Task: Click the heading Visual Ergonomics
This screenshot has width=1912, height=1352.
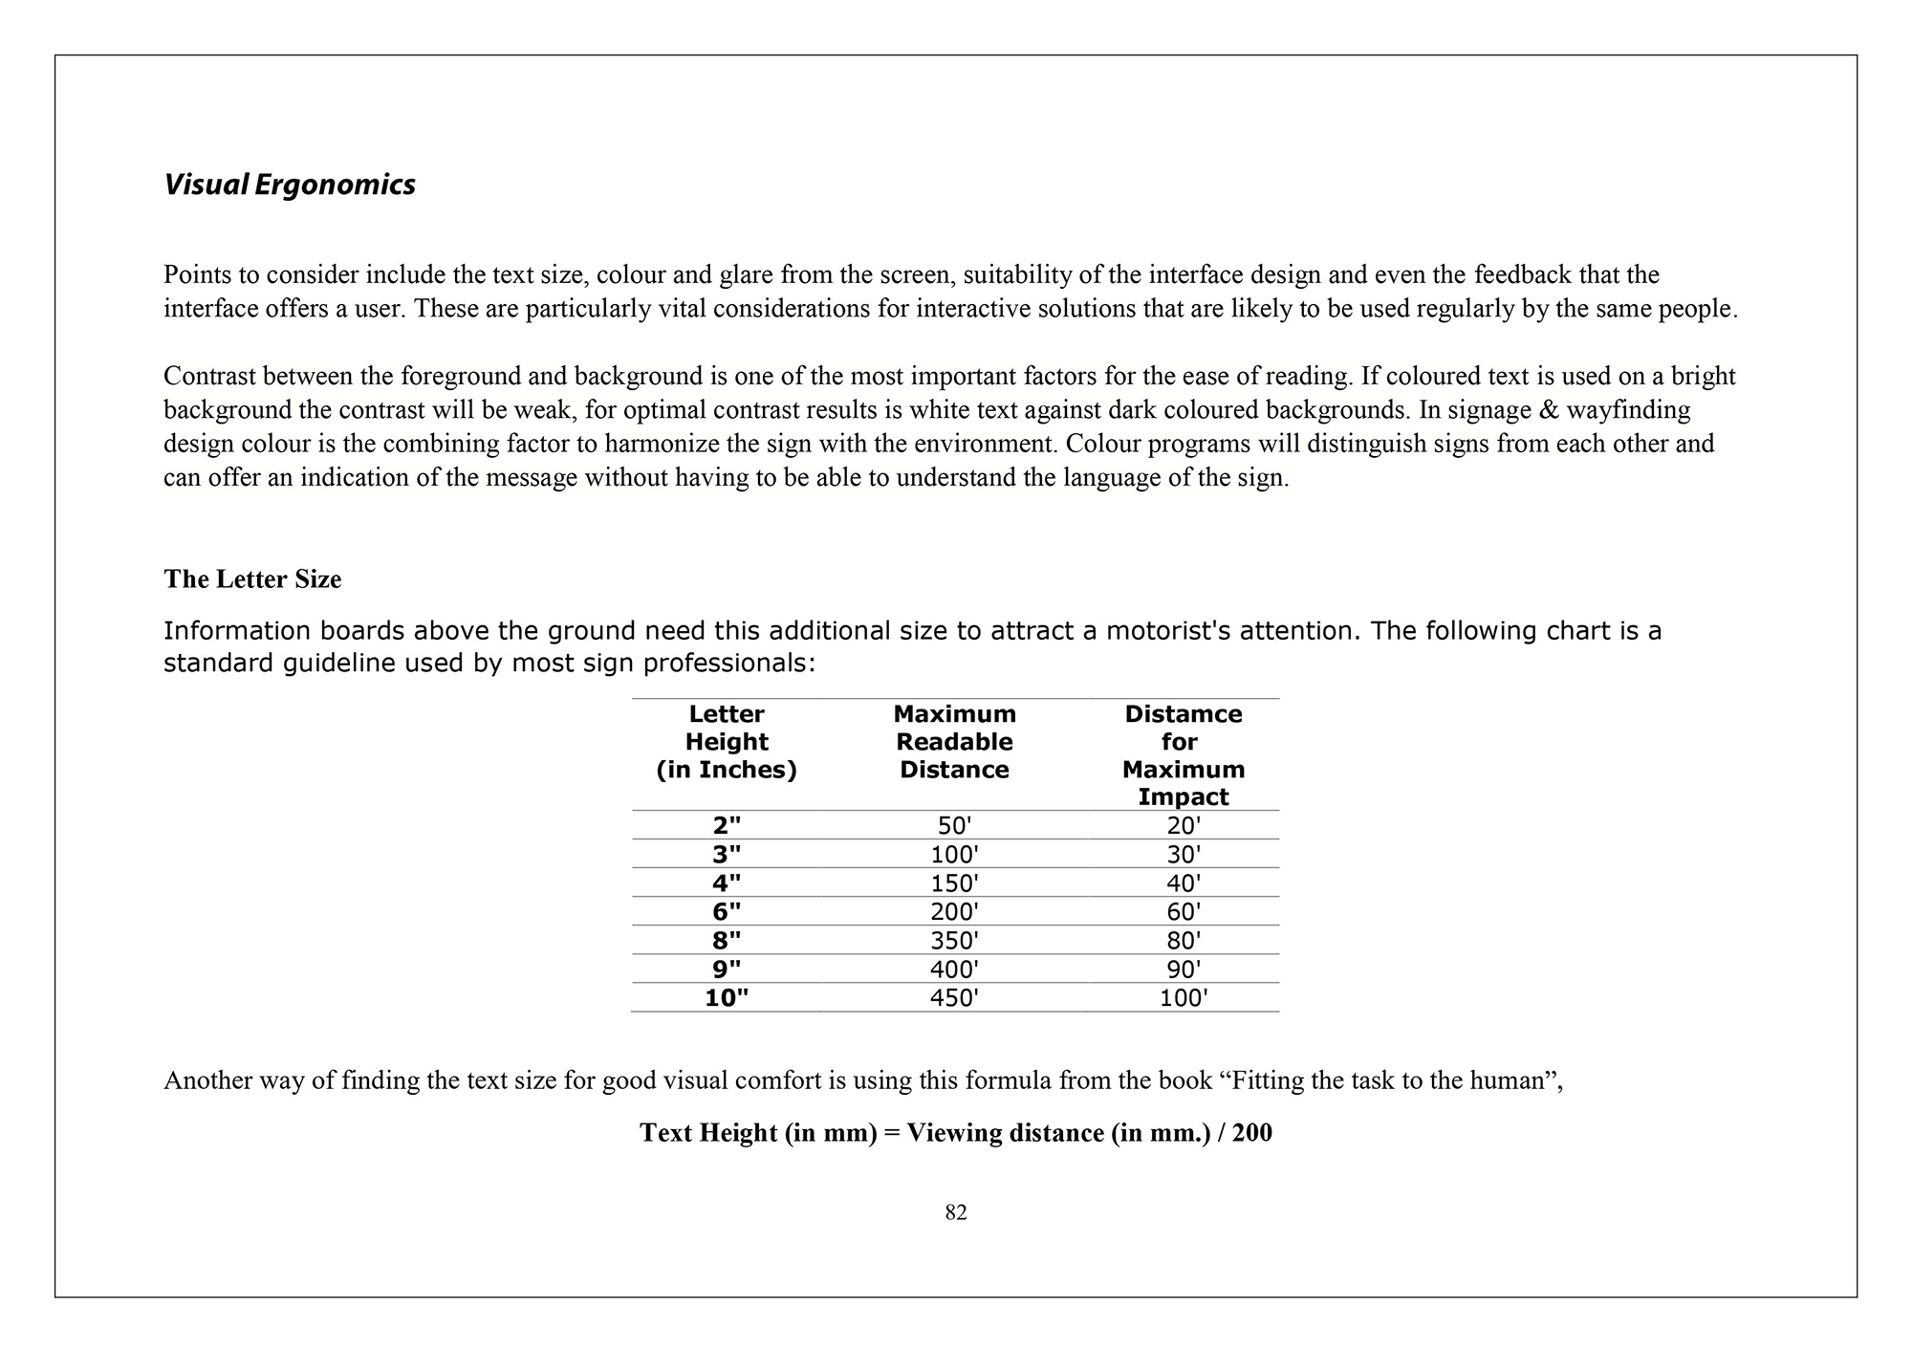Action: point(289,185)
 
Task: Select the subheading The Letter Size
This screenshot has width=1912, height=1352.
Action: point(252,579)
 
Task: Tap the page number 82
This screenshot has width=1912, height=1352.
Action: point(956,1212)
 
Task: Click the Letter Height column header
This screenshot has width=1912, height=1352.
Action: point(727,742)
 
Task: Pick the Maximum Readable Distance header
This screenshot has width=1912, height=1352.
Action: point(954,742)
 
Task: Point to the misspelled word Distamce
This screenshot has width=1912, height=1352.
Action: point(1184,714)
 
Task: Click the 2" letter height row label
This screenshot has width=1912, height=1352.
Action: point(727,825)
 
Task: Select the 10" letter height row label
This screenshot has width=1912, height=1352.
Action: point(727,998)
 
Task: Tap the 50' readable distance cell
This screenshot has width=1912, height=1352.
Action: point(954,825)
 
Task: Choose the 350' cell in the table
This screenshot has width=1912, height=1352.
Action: point(954,941)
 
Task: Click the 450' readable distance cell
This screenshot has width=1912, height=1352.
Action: point(954,998)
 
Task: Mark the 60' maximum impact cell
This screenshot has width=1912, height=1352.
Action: point(1184,912)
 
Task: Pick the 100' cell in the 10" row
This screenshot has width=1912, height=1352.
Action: point(1184,998)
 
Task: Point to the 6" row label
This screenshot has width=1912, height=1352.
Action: point(727,912)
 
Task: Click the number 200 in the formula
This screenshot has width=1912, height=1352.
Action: point(1252,1133)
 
